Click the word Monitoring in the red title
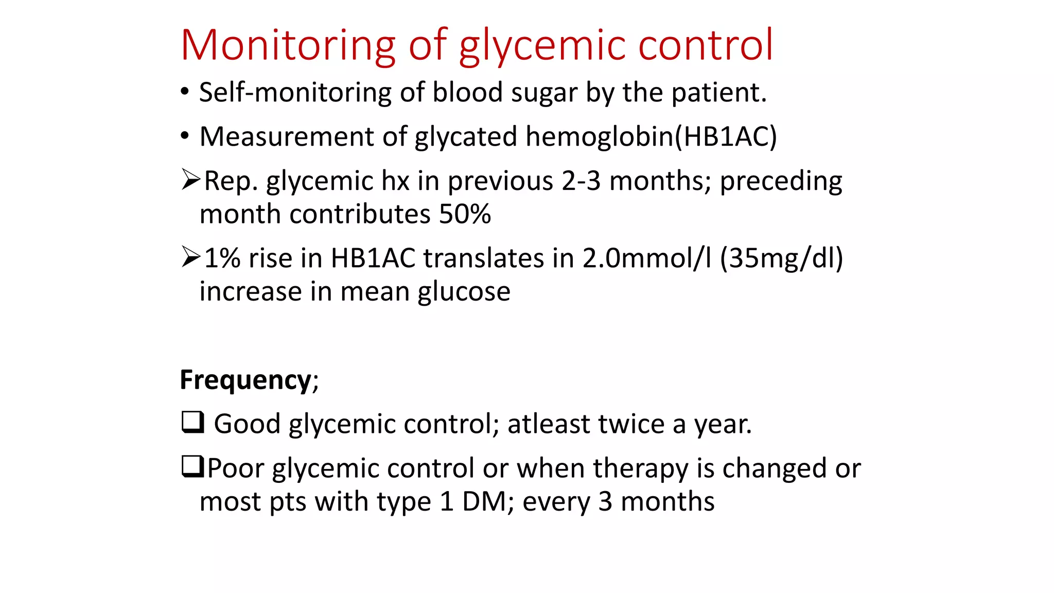288,45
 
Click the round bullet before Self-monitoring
185,92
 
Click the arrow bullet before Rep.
190,180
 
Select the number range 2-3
581,181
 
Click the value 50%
465,214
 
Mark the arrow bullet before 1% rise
190,257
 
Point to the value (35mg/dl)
781,258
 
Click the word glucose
464,292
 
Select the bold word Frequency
245,381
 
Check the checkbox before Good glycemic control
192,423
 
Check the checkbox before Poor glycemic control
192,467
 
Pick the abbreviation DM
484,502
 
